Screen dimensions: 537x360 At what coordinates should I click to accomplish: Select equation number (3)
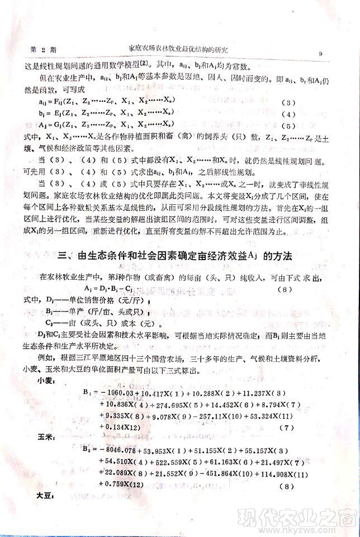285,103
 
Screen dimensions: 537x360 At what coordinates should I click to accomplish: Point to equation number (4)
286,115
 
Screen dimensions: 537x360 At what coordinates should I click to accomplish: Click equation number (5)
286,126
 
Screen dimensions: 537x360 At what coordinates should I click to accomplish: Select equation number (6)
286,289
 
